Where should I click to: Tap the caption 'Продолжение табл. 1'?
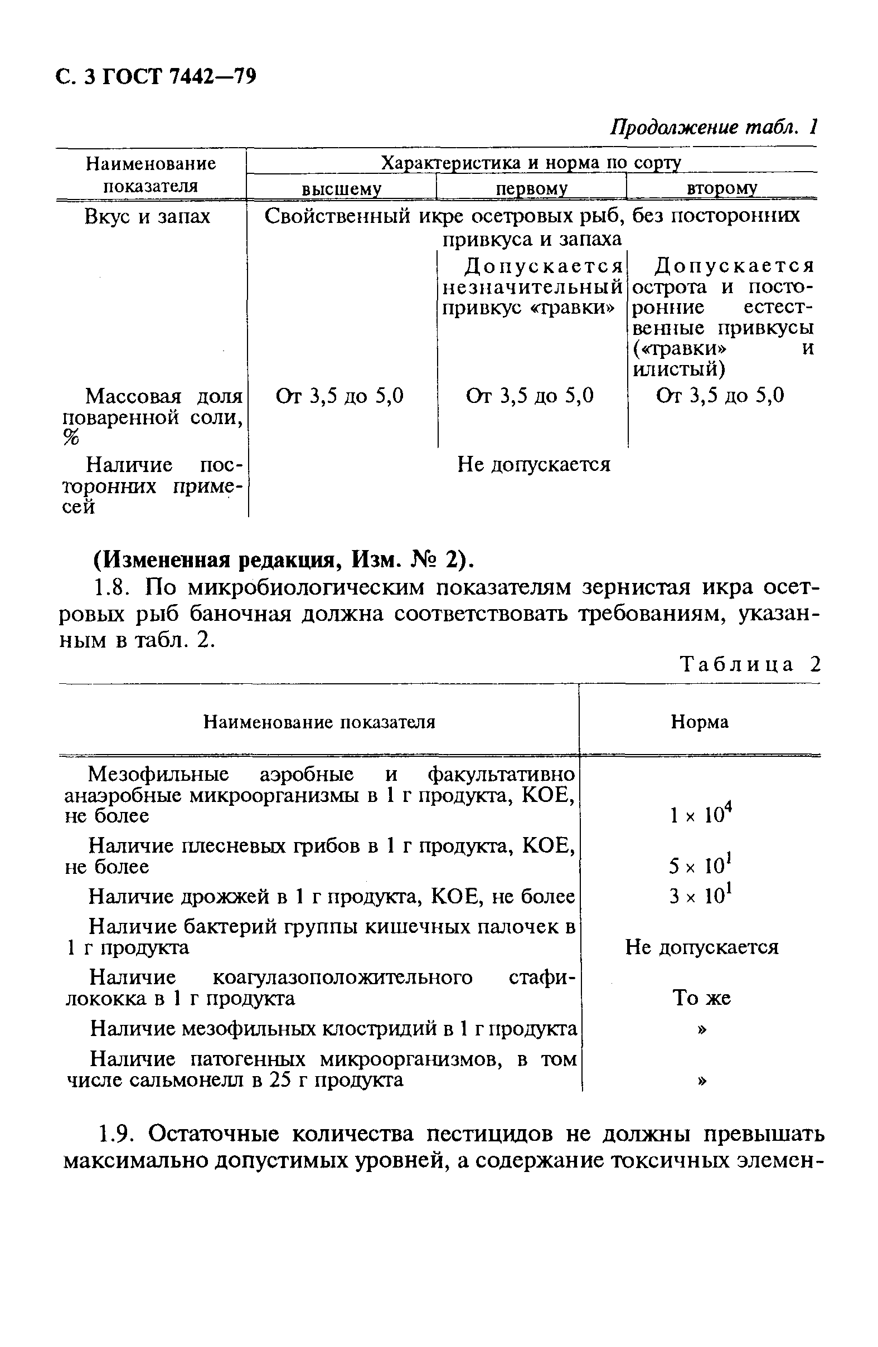tap(714, 127)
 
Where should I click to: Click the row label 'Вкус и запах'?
tap(147, 216)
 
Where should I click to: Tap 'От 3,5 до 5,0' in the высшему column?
tap(339, 396)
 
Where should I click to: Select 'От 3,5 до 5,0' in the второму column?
tap(720, 396)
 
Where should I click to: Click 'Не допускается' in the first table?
tap(533, 465)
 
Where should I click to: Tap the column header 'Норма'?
tap(699, 722)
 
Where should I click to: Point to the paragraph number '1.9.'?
tap(115, 1134)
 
